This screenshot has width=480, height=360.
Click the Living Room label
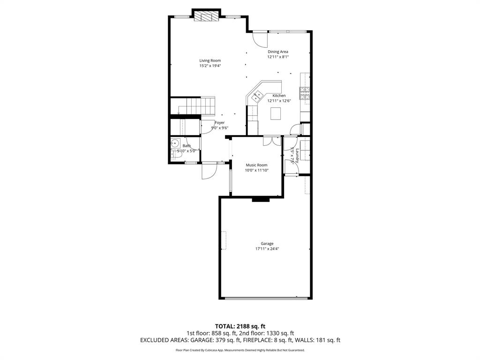[x=210, y=60]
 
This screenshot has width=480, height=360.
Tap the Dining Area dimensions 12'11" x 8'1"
[x=278, y=57]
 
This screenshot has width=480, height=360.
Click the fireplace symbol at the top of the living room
[x=207, y=17]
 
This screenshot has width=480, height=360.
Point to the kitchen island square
[x=276, y=113]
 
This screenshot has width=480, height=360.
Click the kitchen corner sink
[x=257, y=97]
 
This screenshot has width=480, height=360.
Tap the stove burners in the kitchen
[x=305, y=93]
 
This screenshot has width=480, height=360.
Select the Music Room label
[x=256, y=165]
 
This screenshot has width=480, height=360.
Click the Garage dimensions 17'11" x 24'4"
[x=267, y=249]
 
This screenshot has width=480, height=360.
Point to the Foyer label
[x=219, y=122]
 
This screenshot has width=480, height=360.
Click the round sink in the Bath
[x=175, y=143]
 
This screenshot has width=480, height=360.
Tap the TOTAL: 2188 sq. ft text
[x=240, y=326]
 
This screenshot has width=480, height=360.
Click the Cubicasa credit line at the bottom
[x=240, y=350]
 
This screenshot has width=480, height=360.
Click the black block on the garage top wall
[x=261, y=199]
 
